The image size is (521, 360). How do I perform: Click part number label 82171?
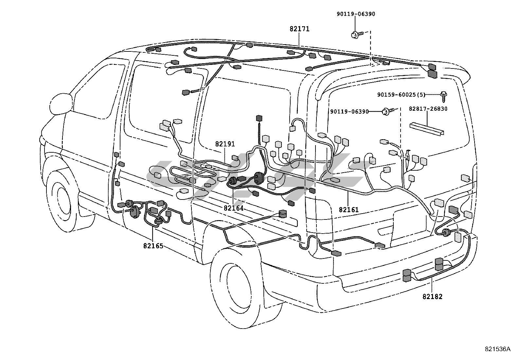click(299, 29)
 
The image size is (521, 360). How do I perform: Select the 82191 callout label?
click(225, 144)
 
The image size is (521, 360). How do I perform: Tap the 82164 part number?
click(234, 208)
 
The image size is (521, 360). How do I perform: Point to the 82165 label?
click(153, 246)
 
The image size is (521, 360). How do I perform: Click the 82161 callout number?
click(349, 210)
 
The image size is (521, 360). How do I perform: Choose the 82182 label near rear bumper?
click(432, 296)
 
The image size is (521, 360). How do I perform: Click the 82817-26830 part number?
click(428, 109)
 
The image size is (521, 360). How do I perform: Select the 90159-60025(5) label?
click(401, 95)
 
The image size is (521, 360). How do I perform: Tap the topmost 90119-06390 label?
click(356, 14)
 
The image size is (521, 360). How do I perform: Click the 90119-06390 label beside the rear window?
click(350, 112)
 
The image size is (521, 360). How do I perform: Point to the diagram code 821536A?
click(497, 349)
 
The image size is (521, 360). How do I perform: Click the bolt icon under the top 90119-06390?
click(357, 35)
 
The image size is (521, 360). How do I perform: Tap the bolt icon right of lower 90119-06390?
click(388, 111)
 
